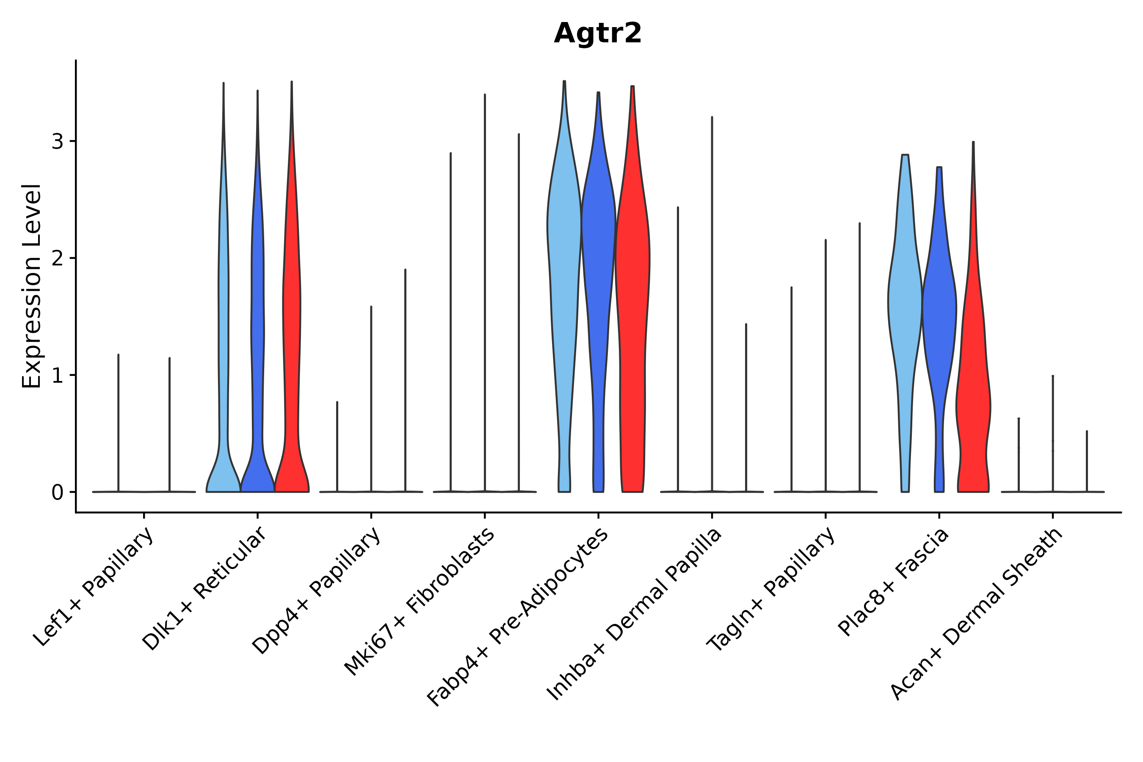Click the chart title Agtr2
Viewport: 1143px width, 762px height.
(x=597, y=33)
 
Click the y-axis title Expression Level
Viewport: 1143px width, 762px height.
(x=32, y=286)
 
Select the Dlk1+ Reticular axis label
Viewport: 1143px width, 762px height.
(x=204, y=588)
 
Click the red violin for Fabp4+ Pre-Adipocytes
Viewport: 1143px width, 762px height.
(x=632, y=292)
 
